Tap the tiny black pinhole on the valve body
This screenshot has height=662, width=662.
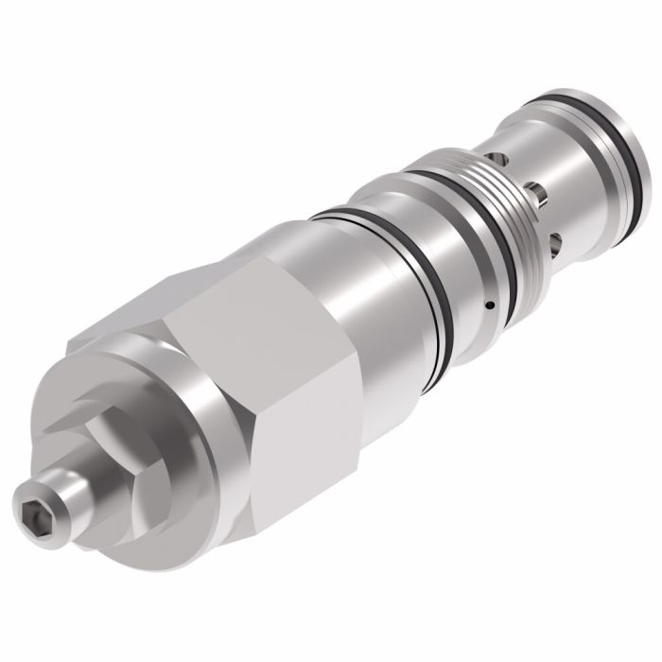489,305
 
